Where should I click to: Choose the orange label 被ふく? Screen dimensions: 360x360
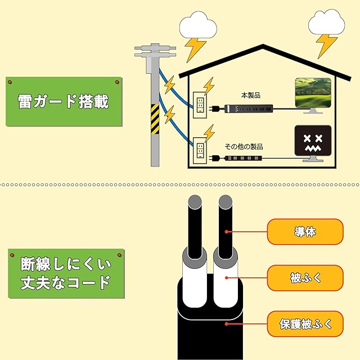[x=305, y=277]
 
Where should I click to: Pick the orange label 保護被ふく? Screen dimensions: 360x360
[x=305, y=323]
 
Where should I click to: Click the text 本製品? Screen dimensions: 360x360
[x=248, y=96]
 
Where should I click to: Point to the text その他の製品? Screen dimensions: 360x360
[x=244, y=146]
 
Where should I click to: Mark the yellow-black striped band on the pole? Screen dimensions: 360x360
[x=155, y=119]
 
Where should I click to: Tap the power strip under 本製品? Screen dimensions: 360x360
[x=247, y=107]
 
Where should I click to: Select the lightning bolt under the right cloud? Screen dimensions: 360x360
[x=326, y=45]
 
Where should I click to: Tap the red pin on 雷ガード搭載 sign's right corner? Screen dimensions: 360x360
[x=117, y=83]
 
